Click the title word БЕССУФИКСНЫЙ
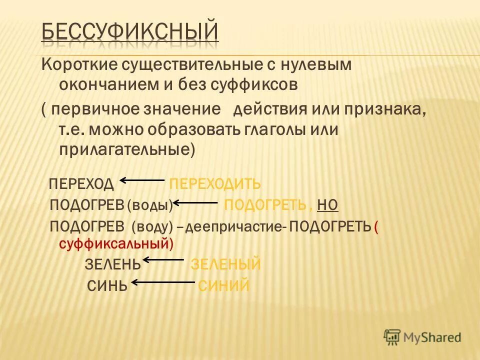[129, 32]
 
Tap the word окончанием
[111, 85]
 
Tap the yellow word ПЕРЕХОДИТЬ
[215, 184]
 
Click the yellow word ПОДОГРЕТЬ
[264, 204]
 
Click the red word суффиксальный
[116, 244]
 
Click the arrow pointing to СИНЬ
[163, 283]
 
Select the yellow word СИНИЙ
[223, 285]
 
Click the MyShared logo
[422, 337]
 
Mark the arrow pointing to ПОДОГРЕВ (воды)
[195, 203]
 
